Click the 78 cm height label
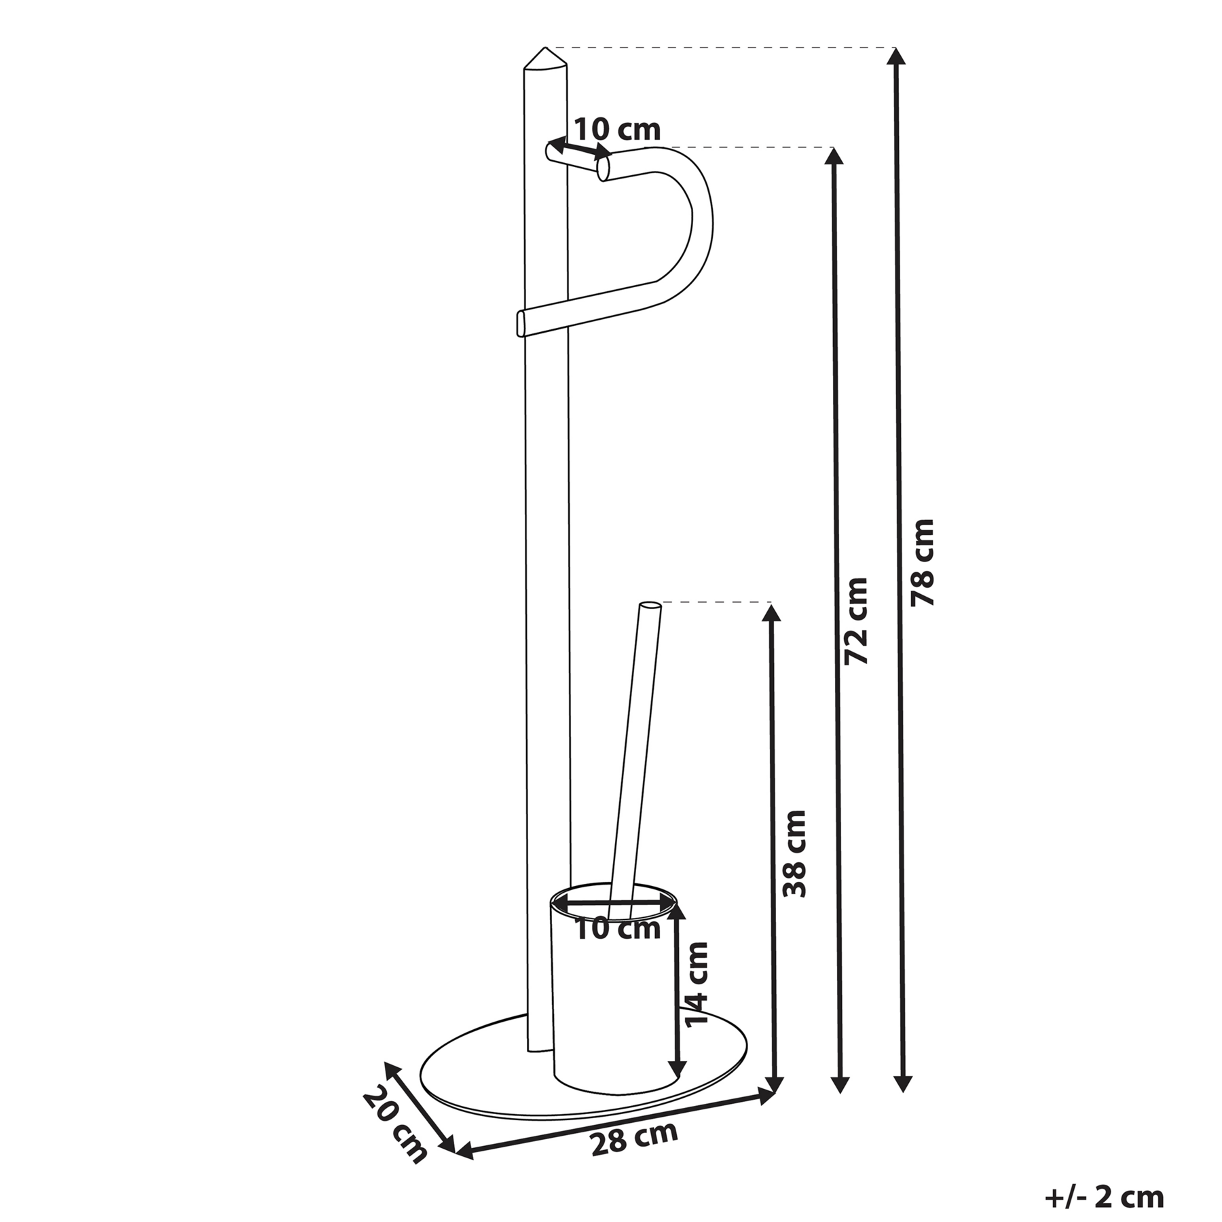point(923,562)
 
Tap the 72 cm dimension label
point(856,621)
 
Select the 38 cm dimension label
point(794,853)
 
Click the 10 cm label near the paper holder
point(618,129)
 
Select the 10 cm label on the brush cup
point(618,929)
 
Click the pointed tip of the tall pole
point(544,48)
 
